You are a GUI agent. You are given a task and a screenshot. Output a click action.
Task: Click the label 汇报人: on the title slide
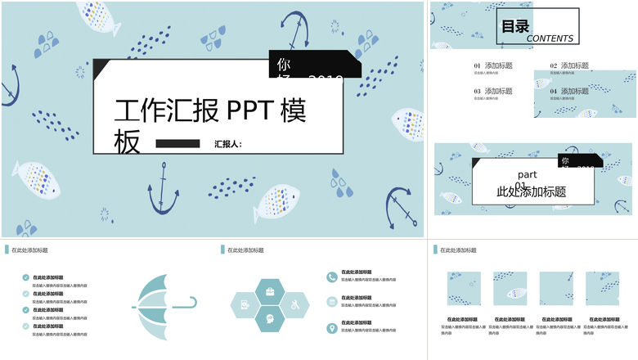(228, 144)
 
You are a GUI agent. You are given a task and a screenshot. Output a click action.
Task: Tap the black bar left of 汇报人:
(177, 144)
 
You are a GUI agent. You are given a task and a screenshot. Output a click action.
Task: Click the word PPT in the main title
(249, 110)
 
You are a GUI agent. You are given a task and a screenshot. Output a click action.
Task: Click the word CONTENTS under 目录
(550, 38)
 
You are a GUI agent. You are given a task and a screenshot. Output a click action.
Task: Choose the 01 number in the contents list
(478, 65)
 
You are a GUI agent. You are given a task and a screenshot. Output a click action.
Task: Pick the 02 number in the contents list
(554, 65)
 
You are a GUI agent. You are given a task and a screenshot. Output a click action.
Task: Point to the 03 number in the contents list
(478, 91)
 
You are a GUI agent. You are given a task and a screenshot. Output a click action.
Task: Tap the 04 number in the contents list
(554, 91)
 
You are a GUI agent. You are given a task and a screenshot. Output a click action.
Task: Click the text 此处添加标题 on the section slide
(532, 192)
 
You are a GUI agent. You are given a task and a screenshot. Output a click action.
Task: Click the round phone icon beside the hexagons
(331, 277)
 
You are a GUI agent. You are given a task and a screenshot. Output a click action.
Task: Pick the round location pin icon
(331, 328)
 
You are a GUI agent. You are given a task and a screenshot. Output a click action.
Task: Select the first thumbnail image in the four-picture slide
(464, 289)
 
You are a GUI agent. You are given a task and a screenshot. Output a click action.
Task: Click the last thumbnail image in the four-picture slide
(602, 289)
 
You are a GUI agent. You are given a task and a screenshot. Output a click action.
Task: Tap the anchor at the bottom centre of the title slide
(164, 188)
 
